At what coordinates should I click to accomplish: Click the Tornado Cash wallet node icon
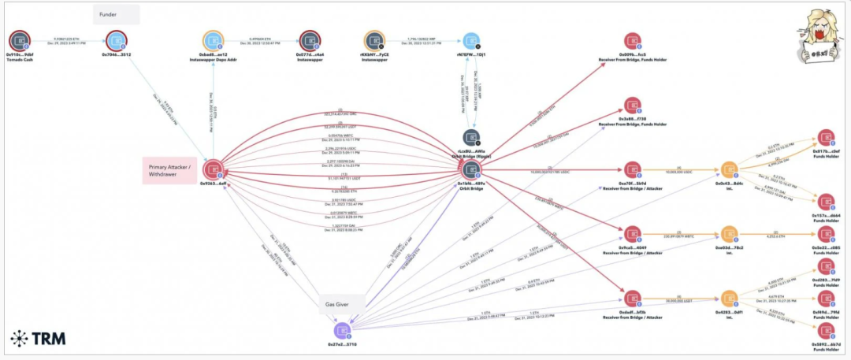click(x=19, y=39)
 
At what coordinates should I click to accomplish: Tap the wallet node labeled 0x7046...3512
click(x=117, y=39)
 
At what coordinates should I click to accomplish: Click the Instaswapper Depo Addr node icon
click(x=214, y=39)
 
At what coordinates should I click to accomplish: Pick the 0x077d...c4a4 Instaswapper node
click(x=310, y=39)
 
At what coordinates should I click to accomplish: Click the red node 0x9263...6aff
click(x=214, y=169)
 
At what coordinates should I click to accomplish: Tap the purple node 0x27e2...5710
click(x=342, y=329)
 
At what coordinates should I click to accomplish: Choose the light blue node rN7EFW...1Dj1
click(x=471, y=39)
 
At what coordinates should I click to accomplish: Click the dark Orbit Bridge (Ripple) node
click(x=471, y=137)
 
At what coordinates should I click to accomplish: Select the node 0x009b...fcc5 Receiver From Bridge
click(x=632, y=41)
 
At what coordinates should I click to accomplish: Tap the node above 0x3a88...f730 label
click(x=632, y=106)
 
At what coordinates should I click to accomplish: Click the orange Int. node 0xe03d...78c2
click(x=728, y=234)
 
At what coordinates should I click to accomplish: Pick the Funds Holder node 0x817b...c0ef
click(x=825, y=137)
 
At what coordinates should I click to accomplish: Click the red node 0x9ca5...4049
click(x=632, y=234)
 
